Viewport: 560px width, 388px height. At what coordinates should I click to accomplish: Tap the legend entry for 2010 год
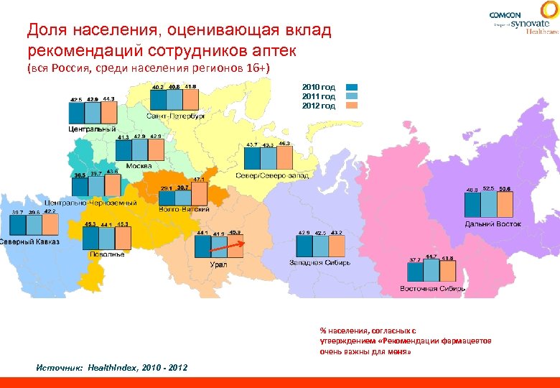coord(318,86)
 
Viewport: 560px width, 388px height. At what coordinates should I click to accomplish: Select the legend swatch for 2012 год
coord(353,106)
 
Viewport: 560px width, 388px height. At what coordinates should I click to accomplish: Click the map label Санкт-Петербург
coord(176,116)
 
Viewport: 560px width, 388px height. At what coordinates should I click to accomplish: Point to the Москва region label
coord(139,165)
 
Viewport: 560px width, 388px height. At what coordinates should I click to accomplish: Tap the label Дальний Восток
coord(493,224)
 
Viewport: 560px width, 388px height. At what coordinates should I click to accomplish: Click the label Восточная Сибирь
coord(433,288)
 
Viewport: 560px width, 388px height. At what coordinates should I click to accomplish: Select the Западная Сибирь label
coord(319,263)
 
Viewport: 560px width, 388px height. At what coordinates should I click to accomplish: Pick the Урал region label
coord(218,264)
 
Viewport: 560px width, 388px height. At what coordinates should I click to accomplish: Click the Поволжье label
coord(107,254)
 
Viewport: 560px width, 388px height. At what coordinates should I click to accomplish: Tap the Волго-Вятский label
coord(184,209)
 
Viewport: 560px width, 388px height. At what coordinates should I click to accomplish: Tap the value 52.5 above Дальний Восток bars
coord(489,188)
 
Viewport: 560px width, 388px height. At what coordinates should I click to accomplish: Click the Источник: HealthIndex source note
coord(112,367)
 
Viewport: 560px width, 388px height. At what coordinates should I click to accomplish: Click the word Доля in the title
coord(42,31)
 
